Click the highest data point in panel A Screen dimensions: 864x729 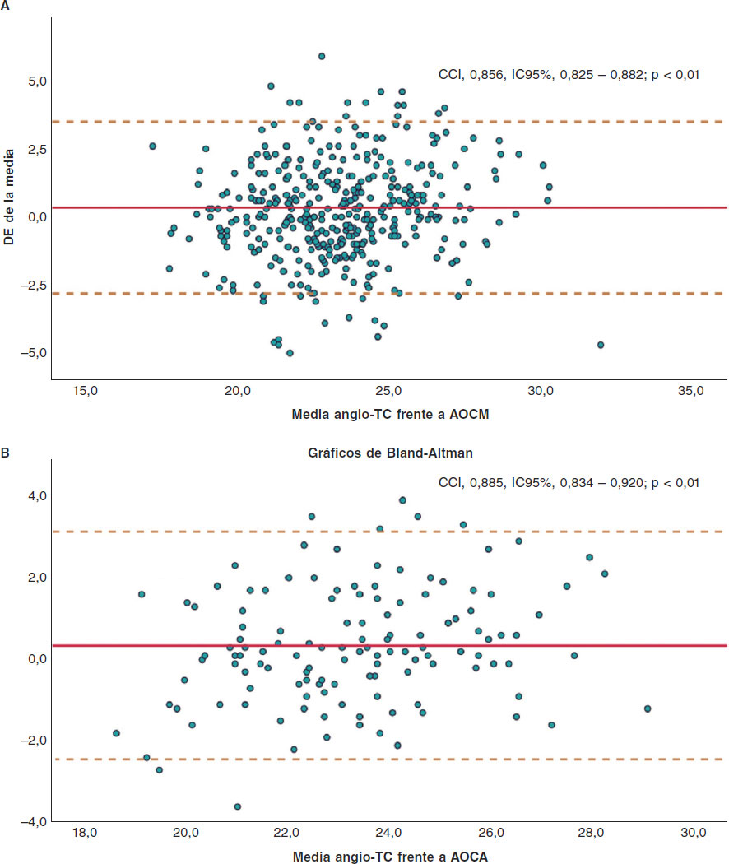(322, 56)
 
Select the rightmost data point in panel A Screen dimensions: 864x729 (601, 345)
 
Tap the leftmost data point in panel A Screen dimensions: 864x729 (152, 146)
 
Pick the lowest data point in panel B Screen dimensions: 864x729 (238, 806)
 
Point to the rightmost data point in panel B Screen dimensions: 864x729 (648, 708)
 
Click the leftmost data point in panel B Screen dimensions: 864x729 (117, 733)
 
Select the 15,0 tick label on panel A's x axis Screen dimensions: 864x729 (86, 392)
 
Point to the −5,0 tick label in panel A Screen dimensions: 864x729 (31, 352)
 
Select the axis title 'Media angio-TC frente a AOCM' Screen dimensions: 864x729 (390, 414)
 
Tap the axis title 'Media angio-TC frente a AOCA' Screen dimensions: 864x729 (390, 857)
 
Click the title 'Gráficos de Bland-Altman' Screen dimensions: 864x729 (390, 453)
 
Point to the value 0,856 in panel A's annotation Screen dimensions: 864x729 (485, 75)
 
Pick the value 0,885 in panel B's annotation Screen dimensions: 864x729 (485, 482)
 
